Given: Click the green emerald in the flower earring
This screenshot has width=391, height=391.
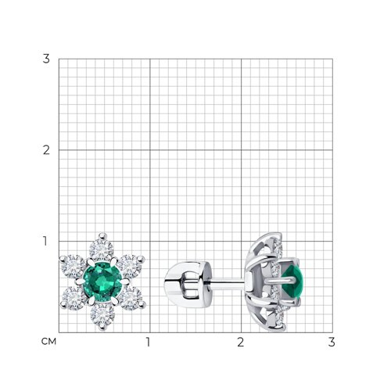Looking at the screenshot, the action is (x=102, y=282).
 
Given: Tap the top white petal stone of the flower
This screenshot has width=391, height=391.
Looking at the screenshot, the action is (x=102, y=250).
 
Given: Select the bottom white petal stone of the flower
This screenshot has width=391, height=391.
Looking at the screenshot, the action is (x=102, y=315).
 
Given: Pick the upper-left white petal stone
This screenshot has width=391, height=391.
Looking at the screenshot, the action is (x=73, y=267).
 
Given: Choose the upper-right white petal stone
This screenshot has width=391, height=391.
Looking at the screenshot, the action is (x=131, y=266).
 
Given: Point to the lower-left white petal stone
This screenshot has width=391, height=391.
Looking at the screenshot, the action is (x=74, y=298).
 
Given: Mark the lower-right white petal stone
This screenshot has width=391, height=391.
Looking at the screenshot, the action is (x=131, y=298).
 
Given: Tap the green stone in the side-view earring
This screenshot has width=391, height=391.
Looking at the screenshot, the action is (x=293, y=282).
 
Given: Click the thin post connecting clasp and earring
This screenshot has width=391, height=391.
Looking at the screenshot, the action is (x=228, y=281).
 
